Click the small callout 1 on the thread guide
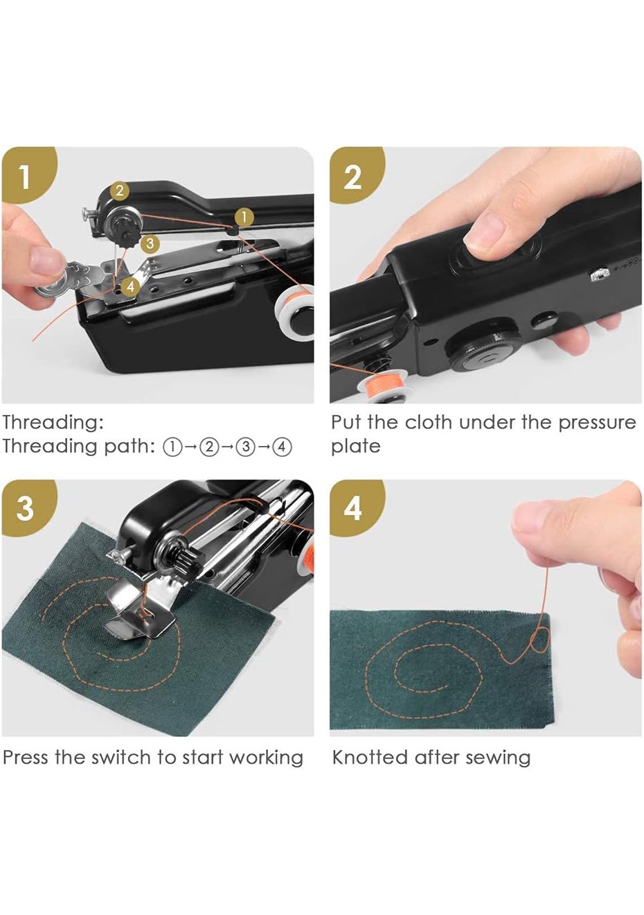click(244, 217)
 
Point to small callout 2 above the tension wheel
click(120, 191)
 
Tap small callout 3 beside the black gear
click(150, 243)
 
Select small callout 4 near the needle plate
click(131, 286)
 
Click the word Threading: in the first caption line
click(53, 423)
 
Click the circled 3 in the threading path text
click(246, 447)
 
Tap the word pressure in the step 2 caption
click(597, 423)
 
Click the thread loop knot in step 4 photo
click(539, 641)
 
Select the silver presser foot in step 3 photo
click(138, 609)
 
